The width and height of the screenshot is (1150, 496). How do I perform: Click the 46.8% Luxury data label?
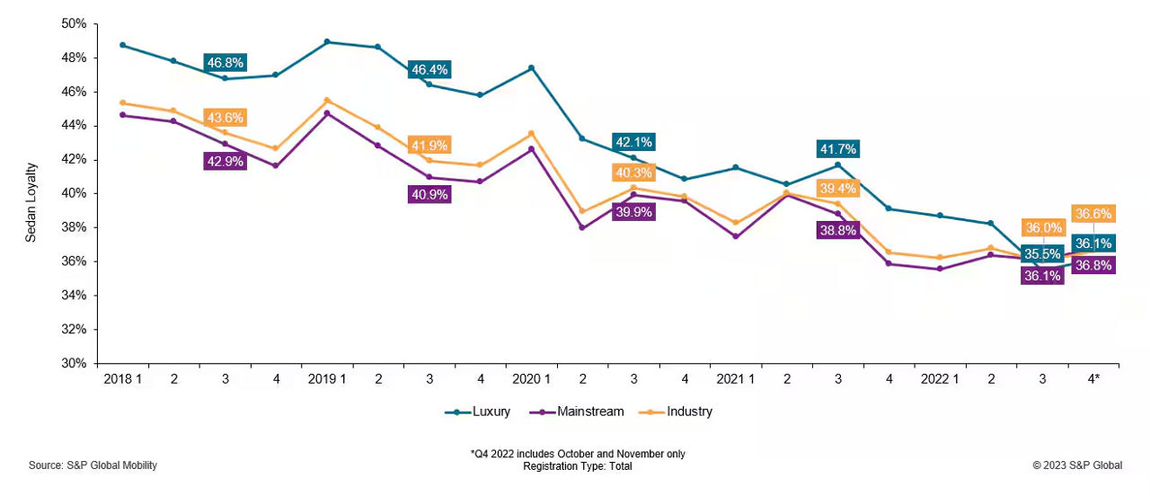click(226, 63)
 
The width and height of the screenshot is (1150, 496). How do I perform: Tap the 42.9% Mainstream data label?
click(226, 161)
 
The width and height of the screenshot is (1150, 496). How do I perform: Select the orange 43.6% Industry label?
click(225, 118)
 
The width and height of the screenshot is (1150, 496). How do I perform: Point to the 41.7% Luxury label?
click(837, 149)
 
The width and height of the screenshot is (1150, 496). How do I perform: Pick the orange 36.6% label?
click(1092, 214)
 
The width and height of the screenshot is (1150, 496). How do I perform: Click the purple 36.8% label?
click(1092, 265)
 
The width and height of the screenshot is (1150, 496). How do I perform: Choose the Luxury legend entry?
click(478, 412)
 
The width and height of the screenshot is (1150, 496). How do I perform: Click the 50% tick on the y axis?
click(74, 23)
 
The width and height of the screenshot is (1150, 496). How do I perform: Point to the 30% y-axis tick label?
click(74, 364)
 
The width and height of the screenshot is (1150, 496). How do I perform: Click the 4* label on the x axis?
click(1093, 379)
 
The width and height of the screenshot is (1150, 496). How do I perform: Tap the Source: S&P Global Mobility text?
click(93, 465)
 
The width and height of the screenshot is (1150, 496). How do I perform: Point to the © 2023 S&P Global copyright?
click(1077, 465)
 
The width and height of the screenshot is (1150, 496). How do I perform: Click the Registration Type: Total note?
click(578, 466)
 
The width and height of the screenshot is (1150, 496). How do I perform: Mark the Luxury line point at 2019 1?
click(326, 41)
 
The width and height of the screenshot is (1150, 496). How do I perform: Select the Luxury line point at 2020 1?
click(531, 67)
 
